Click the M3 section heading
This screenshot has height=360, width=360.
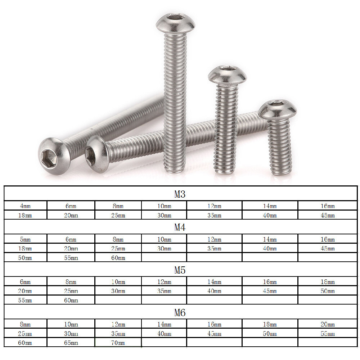pos(180,194)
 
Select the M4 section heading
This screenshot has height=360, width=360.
pos(180,227)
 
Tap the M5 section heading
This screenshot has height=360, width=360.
pos(180,270)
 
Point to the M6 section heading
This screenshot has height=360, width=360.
pos(180,312)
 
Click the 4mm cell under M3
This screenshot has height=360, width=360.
pos(25,206)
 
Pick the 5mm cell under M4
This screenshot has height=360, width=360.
pos(25,239)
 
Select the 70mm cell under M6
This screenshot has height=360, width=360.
pos(118,343)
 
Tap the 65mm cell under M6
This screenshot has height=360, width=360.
pos(71,343)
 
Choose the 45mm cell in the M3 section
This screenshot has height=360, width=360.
pos(328,216)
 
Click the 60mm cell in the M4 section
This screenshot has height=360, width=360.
pos(118,258)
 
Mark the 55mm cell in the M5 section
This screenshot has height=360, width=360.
pos(25,300)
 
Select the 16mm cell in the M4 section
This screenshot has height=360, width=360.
pos(328,239)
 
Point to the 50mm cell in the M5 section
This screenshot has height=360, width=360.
pos(328,291)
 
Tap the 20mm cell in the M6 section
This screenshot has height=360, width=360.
pos(328,324)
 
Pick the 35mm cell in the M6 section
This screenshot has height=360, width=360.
pos(118,334)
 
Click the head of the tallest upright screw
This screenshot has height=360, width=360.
pos(175,23)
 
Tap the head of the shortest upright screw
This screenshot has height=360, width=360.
pos(278,109)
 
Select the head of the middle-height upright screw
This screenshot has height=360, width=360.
pos(227,75)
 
